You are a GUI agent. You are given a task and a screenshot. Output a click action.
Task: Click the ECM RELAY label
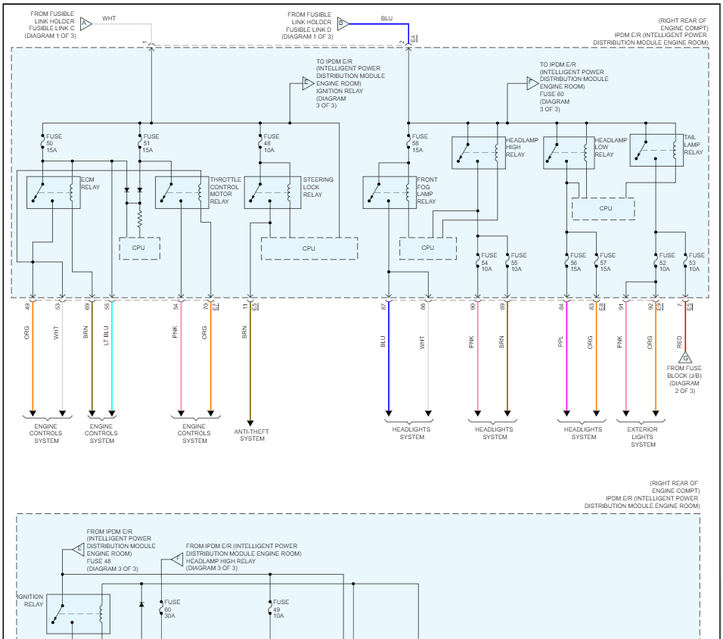[90, 182]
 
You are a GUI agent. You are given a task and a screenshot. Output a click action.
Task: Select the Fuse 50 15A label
[53, 143]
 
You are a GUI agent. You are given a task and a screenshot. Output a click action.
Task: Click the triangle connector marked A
[85, 23]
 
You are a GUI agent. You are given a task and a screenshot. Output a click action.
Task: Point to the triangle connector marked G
[686, 357]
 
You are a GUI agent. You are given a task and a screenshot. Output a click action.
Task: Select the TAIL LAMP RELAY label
[694, 145]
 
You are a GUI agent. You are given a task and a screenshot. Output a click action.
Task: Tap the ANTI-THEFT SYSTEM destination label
[252, 435]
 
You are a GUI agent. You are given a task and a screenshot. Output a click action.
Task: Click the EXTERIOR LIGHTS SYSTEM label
[643, 437]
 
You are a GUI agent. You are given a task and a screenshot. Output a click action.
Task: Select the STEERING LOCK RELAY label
[312, 187]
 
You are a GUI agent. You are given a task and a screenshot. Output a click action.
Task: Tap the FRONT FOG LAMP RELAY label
[427, 191]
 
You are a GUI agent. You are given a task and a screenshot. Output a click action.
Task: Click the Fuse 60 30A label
[170, 609]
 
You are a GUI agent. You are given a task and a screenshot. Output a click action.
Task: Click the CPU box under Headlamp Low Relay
[606, 208]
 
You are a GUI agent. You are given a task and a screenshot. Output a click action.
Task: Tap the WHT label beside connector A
[109, 17]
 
